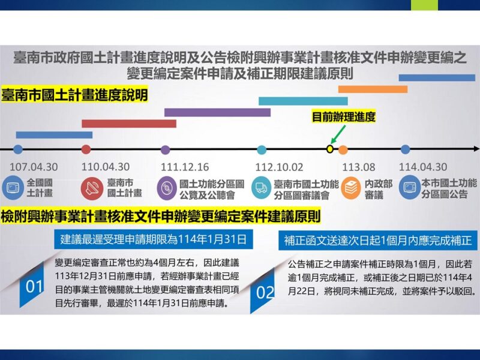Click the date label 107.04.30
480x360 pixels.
click(34, 167)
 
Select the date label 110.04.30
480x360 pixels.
click(106, 167)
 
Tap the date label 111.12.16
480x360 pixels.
click(185, 167)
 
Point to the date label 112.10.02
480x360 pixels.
click(279, 167)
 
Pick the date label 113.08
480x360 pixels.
click(358, 167)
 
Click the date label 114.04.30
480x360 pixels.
click(423, 167)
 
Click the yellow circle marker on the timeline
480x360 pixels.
click(329, 149)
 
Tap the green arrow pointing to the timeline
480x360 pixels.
click(338, 134)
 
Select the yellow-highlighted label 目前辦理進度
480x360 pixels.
click(343, 116)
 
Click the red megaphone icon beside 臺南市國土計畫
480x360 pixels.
click(92, 188)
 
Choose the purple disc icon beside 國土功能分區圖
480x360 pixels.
click(167, 188)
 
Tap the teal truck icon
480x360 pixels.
click(262, 187)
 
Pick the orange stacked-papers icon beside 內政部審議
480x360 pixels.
click(350, 188)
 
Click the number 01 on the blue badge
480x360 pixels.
click(34, 287)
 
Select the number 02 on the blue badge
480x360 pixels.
click(265, 292)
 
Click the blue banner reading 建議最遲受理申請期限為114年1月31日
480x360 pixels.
click(154, 239)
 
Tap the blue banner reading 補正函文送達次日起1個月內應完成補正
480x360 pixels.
click(378, 241)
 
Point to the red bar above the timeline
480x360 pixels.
click(129, 124)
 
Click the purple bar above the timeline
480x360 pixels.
click(217, 112)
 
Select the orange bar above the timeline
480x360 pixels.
click(373, 89)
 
